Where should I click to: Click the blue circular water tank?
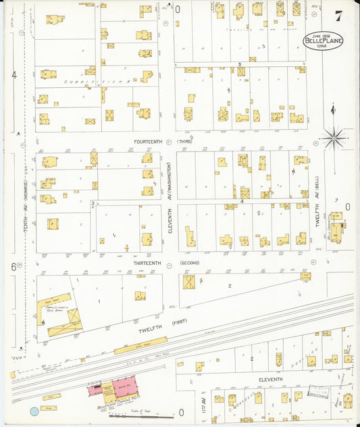coord(34,411)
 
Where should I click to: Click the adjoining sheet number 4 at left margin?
coord(14,75)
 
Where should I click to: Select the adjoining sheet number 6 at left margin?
coord(13,266)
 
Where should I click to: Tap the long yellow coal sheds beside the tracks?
coord(140,346)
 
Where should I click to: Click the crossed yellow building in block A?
coord(188,282)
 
